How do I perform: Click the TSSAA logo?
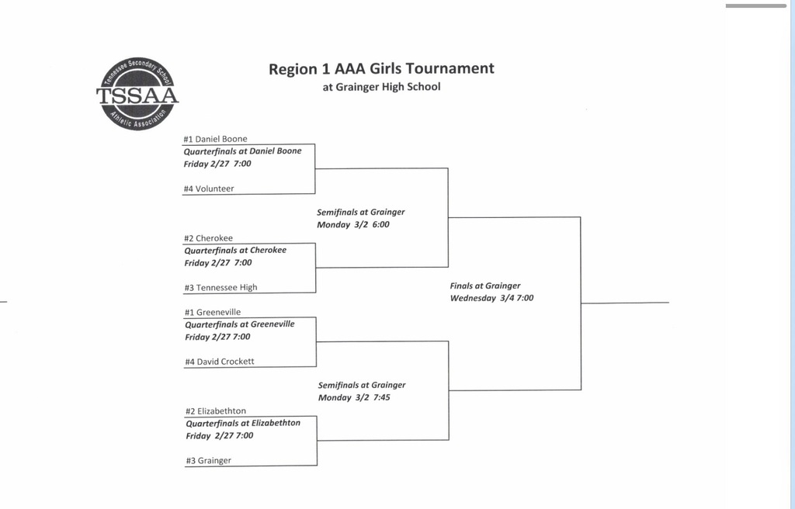pos(137,95)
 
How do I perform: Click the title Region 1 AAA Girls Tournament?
pos(381,68)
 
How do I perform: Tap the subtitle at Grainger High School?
pos(381,87)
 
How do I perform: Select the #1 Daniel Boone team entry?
pos(215,139)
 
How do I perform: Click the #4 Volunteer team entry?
pos(209,189)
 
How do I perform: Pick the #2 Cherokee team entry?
pos(208,238)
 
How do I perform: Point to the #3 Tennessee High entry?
pos(220,287)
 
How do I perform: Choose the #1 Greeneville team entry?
pos(213,312)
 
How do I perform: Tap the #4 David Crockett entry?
pos(219,362)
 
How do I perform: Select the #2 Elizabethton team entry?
pos(216,410)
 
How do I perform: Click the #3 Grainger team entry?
pos(208,460)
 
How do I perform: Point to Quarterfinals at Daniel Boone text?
pos(242,151)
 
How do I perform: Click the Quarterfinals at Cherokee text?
pos(235,250)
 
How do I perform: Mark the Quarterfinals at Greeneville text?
pos(239,324)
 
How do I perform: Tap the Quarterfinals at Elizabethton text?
pos(242,423)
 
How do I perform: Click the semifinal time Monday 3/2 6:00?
pos(353,225)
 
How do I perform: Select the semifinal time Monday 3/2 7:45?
pos(354,398)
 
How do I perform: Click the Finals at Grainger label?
pos(485,286)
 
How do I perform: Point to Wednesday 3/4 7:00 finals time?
pos(492,298)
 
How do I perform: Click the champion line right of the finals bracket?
pos(625,303)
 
